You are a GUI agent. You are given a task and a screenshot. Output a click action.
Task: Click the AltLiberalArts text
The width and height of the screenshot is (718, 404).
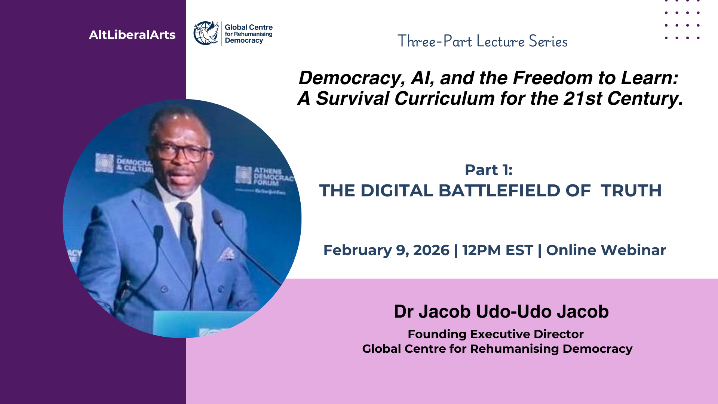[x=132, y=35]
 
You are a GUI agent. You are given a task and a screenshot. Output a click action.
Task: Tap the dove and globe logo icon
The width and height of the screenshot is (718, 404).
[x=206, y=33]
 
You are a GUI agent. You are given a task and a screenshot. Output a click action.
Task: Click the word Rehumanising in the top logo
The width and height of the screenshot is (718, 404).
[x=253, y=34]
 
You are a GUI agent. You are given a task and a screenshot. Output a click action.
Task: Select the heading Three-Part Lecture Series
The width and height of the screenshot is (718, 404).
[x=482, y=41]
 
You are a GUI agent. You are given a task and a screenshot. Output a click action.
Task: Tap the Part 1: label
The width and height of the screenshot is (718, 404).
[x=488, y=170]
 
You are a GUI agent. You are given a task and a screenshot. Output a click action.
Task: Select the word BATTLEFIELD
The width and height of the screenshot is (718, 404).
[x=499, y=190]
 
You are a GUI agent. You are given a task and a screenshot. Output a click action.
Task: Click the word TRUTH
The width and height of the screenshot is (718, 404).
[x=631, y=190]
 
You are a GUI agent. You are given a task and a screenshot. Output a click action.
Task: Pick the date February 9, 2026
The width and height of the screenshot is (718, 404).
[x=386, y=250]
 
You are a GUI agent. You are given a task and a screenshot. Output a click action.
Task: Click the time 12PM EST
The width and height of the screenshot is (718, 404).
[x=497, y=250]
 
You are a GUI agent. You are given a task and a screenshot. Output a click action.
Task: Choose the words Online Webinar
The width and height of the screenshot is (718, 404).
[x=606, y=250]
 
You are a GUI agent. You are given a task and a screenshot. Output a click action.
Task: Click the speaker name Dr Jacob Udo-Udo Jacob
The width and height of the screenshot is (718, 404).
[x=501, y=312]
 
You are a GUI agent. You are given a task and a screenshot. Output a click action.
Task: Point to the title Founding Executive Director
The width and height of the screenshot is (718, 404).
[x=495, y=334]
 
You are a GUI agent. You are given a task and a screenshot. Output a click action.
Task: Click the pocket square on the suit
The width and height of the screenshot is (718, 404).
[x=227, y=254]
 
